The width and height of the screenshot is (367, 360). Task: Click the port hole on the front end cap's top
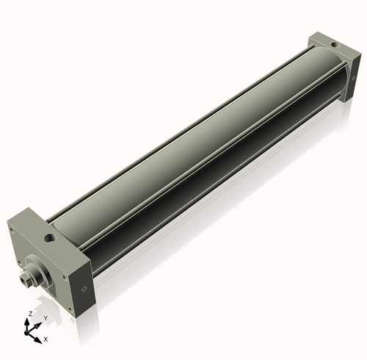coord(51,239)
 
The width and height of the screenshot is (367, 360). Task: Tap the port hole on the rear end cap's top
coord(335,46)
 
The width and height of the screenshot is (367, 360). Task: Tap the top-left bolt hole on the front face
coord(12,229)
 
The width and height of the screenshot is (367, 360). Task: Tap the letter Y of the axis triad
coord(45,318)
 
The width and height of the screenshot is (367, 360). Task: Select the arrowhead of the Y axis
coord(37,324)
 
